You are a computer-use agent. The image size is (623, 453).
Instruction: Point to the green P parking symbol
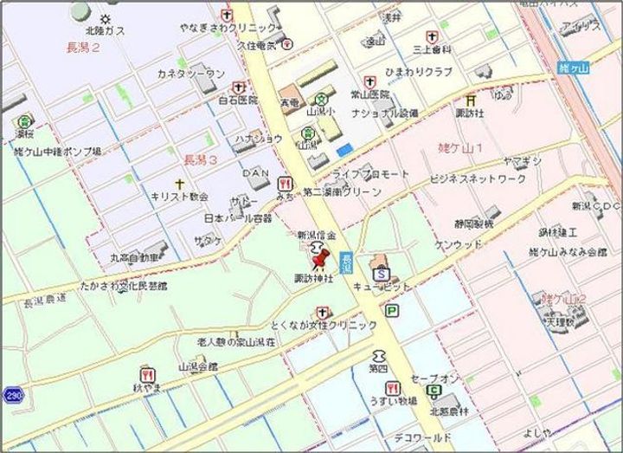(392, 310)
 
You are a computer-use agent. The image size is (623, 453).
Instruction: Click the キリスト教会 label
(179, 197)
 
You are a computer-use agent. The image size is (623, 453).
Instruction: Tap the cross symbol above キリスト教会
(179, 184)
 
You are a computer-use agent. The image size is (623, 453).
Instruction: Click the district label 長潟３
(201, 160)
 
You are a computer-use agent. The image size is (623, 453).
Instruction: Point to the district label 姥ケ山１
(460, 148)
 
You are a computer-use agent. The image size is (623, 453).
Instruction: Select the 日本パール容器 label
(237, 217)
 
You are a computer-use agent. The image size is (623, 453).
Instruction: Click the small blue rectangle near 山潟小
(344, 150)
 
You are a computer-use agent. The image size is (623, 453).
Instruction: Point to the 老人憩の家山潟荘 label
(235, 343)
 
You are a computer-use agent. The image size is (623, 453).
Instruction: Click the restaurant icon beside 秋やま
(149, 376)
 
